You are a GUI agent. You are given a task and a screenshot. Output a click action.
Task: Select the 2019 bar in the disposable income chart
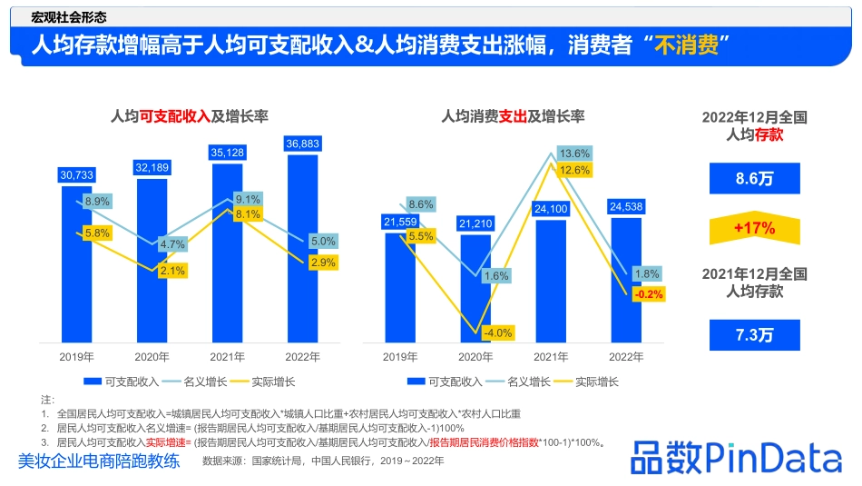pyautogui.click(x=77, y=263)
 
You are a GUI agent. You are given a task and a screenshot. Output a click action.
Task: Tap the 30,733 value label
pyautogui.click(x=77, y=174)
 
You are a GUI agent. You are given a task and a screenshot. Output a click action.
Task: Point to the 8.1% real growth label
pyautogui.click(x=248, y=214)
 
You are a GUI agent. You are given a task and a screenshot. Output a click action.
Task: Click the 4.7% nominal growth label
pyautogui.click(x=171, y=244)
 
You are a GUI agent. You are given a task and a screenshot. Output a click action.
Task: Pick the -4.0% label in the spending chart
pyautogui.click(x=498, y=332)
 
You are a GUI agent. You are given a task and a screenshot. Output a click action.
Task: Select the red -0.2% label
pyautogui.click(x=649, y=294)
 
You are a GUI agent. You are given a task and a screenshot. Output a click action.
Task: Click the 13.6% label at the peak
pyautogui.click(x=574, y=154)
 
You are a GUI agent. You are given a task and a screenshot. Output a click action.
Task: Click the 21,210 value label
pyautogui.click(x=476, y=223)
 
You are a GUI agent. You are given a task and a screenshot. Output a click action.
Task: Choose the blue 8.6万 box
pyautogui.click(x=755, y=179)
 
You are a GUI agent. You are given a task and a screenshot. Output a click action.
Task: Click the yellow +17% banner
pyautogui.click(x=755, y=229)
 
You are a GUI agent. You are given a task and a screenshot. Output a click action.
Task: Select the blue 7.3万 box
pyautogui.click(x=755, y=334)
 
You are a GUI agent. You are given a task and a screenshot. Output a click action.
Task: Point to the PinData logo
pyautogui.click(x=736, y=457)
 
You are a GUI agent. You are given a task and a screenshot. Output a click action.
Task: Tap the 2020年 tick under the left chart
pyautogui.click(x=152, y=357)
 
